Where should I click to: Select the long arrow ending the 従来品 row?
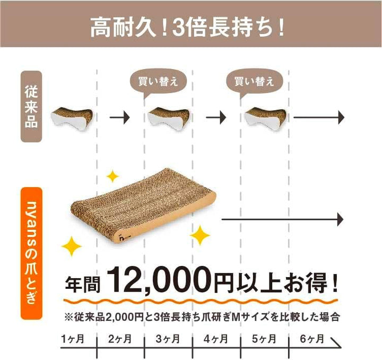(319, 117)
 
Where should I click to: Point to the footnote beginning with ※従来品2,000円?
(202, 317)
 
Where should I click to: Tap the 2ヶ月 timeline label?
(120, 339)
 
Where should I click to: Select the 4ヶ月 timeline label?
(216, 339)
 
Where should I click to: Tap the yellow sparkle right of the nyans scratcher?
(199, 235)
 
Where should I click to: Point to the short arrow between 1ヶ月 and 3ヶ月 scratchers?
(120, 117)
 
